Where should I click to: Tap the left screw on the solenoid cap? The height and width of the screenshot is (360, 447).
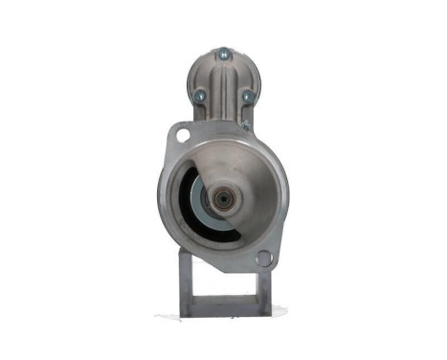[x=202, y=96]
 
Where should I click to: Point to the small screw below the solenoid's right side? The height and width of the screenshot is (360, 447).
[x=246, y=124]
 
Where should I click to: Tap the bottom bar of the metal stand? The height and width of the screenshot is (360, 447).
[x=223, y=308]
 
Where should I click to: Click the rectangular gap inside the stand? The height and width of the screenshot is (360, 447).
[x=222, y=287]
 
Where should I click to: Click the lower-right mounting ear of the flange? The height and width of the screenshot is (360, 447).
[x=265, y=258]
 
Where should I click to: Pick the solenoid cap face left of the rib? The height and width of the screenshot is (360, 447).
[x=207, y=77]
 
